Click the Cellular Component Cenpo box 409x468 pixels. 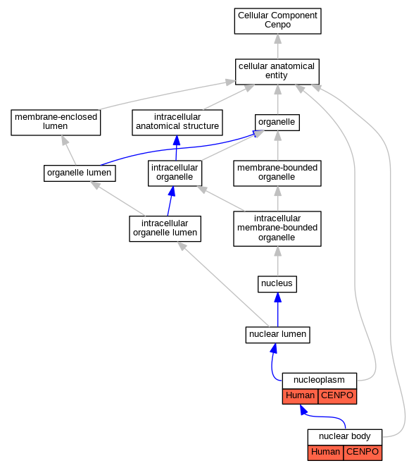coord(277,21)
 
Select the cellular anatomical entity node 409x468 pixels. coord(277,72)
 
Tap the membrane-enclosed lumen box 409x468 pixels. coord(56,123)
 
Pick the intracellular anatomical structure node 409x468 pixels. coord(177,123)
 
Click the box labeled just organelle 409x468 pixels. coord(277,123)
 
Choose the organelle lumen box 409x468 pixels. coord(80,173)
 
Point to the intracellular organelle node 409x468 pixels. coord(175,173)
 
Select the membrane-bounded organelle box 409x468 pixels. coord(277,173)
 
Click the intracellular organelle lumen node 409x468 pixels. coord(165,228)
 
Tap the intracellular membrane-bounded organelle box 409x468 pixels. coord(277,228)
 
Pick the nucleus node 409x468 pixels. coord(277,284)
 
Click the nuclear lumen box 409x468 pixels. coord(277,335)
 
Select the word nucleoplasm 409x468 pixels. coord(319,380)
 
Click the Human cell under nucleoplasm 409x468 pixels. coord(300,396)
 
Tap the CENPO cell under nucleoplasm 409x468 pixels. coord(337,396)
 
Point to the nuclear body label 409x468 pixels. coord(345,436)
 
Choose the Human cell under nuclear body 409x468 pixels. coord(325,452)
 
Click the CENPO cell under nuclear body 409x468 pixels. coord(363,452)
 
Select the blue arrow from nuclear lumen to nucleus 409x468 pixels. coord(278,309)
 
